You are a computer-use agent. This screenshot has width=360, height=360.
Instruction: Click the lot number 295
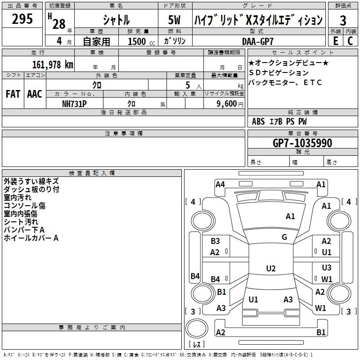click(x=22, y=19)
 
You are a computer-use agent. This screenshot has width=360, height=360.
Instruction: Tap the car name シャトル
click(x=116, y=20)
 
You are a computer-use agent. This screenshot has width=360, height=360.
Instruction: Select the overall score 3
click(x=343, y=20)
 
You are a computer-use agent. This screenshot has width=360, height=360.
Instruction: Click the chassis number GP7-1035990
click(x=302, y=143)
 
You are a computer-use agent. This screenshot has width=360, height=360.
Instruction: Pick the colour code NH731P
click(x=74, y=103)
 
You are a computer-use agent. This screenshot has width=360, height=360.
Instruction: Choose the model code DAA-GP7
click(x=258, y=41)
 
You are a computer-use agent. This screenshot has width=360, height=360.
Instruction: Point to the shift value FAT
click(x=13, y=94)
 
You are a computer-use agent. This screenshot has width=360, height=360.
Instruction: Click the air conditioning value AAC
click(x=34, y=94)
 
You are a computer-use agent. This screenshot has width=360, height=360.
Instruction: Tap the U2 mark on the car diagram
click(x=270, y=269)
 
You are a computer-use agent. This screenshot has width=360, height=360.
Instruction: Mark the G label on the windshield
click(x=284, y=237)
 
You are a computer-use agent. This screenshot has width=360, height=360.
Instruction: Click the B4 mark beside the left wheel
click(x=194, y=276)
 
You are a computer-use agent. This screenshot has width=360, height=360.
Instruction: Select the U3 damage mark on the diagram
click(x=327, y=267)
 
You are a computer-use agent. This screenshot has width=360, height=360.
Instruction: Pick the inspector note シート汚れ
click(x=21, y=222)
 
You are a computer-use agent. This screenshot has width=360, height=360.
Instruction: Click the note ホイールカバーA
click(x=31, y=238)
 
